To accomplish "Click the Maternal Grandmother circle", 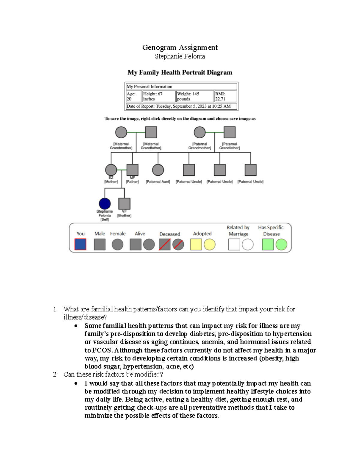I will [121, 132].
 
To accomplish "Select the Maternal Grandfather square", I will [151, 132].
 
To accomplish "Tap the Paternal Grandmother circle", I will [199, 132].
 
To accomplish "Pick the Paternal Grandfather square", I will [229, 132].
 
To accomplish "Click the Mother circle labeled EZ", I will [111, 170].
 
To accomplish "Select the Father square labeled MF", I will [132, 170].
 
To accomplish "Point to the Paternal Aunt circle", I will [158, 170].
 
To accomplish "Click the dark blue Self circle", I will [105, 204].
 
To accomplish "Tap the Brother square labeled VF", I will [124, 204].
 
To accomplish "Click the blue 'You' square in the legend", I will [80, 244].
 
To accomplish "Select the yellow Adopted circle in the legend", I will [210, 245].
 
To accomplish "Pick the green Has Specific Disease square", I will [268, 245].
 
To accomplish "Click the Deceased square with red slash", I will [164, 245].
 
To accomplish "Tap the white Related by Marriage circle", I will [248, 245].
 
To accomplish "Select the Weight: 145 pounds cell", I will [195, 96].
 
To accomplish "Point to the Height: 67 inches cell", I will [159, 96].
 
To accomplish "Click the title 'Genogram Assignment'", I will [180, 47].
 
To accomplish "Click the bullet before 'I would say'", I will [76, 383].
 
